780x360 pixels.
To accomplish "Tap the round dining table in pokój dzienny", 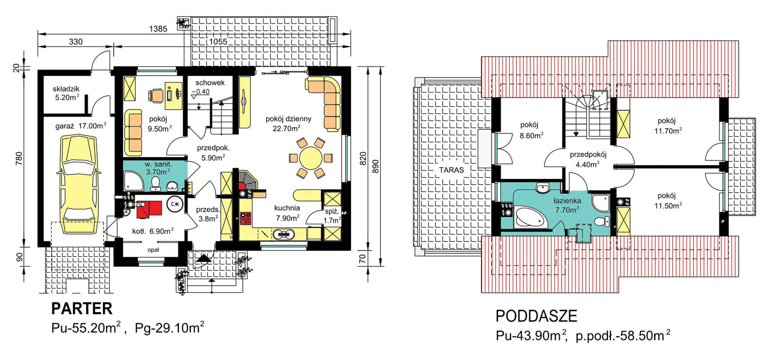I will [310, 158].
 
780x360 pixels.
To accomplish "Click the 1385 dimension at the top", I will [158, 29].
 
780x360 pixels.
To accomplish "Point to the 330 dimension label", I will [76, 42].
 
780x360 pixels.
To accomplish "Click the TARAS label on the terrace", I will [451, 170].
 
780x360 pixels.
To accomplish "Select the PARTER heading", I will [81, 308].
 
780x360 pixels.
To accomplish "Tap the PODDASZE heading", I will [536, 316].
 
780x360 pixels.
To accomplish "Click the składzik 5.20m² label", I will [66, 93].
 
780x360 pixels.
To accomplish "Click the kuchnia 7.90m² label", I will [287, 213].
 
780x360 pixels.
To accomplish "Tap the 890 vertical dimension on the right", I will [375, 166].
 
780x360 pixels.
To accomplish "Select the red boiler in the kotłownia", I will [149, 209].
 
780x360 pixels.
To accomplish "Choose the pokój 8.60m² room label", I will [531, 131].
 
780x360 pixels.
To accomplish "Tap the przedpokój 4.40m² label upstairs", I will [587, 160].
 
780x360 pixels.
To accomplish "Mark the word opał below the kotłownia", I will [154, 250].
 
